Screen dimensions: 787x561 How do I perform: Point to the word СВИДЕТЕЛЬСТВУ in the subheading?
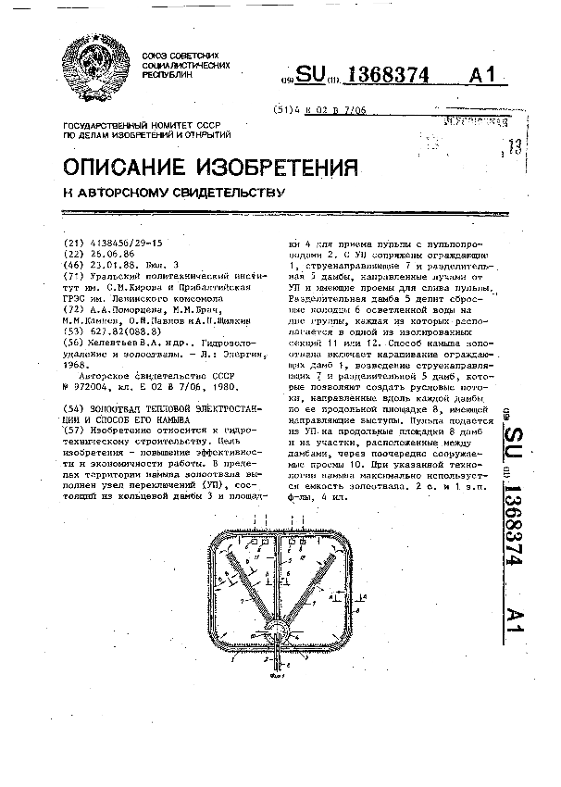[x=224, y=194]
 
